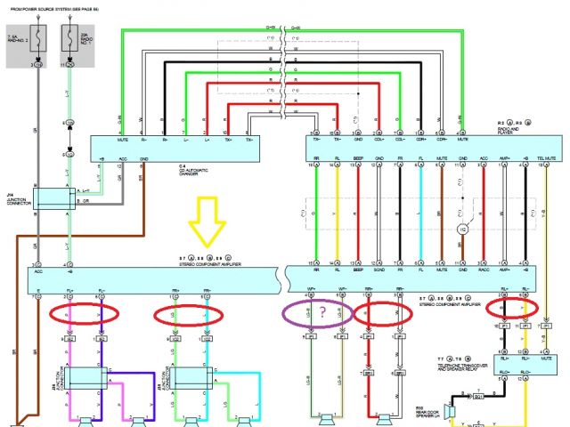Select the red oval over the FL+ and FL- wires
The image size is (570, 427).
click(83, 315)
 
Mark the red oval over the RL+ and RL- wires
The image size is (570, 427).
click(513, 306)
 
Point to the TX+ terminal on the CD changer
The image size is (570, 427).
click(251, 141)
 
